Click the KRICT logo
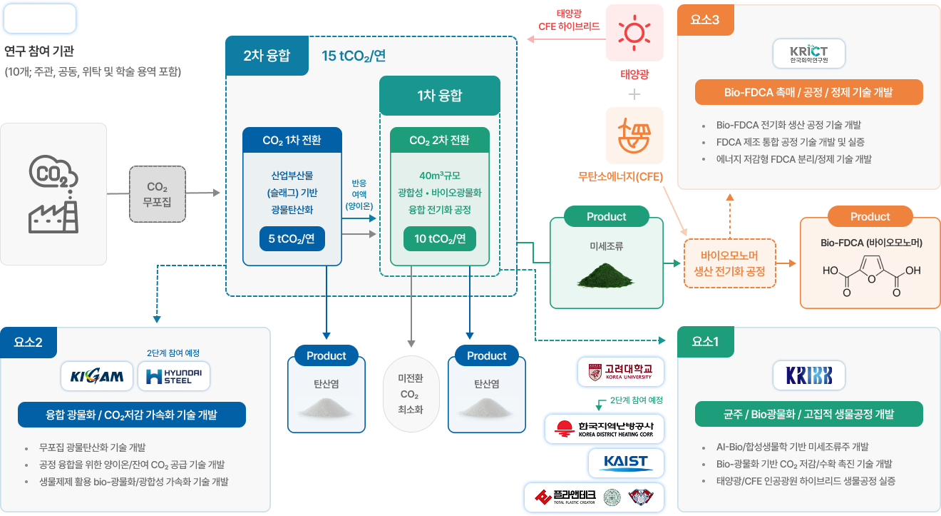pos(809,54)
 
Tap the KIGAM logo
pos(98,376)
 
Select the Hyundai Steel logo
pos(174,376)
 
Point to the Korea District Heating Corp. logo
pos(605,428)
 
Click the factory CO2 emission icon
pos(53,194)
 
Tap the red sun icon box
pos(634,33)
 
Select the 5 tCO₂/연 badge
pos(292,239)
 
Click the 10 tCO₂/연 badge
pos(440,239)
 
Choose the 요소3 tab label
pos(704,20)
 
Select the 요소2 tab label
pos(28,342)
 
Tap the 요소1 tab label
pos(704,342)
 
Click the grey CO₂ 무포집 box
pos(158,193)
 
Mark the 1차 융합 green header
pos(439,96)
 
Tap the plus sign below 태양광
pos(634,94)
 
